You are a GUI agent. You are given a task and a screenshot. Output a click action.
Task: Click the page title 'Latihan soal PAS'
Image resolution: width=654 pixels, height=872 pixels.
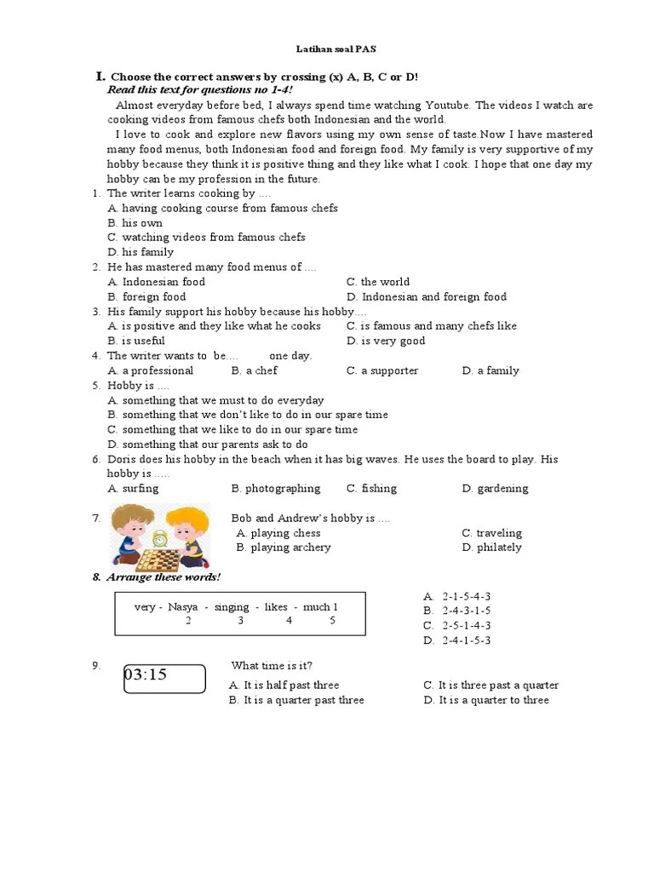tap(336, 49)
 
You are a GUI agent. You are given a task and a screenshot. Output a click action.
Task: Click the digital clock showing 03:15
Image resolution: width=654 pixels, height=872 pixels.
tap(164, 680)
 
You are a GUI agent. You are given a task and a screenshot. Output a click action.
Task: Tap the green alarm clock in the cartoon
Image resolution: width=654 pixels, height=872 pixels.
tap(158, 538)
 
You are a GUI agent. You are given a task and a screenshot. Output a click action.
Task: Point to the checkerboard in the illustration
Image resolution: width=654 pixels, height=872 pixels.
tap(158, 560)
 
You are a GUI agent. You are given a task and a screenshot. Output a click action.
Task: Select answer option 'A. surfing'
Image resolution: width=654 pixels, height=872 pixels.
tap(133, 489)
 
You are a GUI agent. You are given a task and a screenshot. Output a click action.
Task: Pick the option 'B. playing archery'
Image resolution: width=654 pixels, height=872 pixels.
tap(284, 548)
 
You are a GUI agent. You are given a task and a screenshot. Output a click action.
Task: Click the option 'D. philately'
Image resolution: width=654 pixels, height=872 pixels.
tap(491, 548)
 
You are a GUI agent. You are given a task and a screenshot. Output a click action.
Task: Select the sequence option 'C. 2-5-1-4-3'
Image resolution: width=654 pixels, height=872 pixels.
tap(457, 626)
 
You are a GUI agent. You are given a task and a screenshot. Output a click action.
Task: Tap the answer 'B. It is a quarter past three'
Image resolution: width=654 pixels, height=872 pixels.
tap(296, 700)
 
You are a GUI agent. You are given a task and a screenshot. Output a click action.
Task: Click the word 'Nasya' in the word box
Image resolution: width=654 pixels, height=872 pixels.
tap(182, 607)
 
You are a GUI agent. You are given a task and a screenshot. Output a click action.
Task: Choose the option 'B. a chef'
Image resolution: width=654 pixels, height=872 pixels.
tap(254, 370)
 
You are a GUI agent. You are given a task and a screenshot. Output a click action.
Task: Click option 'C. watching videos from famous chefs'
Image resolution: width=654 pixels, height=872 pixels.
tap(206, 238)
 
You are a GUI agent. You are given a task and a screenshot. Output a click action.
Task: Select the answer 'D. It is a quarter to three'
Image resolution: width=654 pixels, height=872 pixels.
tap(486, 700)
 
